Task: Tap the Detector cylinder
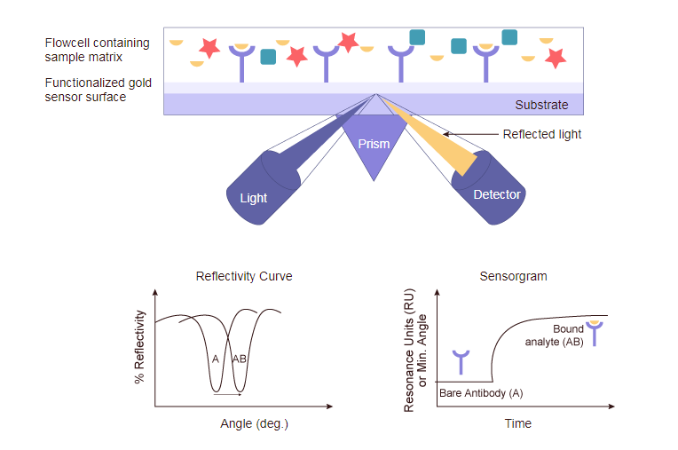pos(493,186)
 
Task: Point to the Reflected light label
pos(541,135)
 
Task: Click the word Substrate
pos(541,105)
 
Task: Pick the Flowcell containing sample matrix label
pos(98,50)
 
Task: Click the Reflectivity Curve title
pos(244,276)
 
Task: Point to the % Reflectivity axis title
pos(140,347)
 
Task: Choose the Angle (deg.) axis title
pos(254,423)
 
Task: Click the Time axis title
pos(518,423)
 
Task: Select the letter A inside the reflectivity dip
pos(215,359)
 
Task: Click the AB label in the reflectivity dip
pos(240,359)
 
